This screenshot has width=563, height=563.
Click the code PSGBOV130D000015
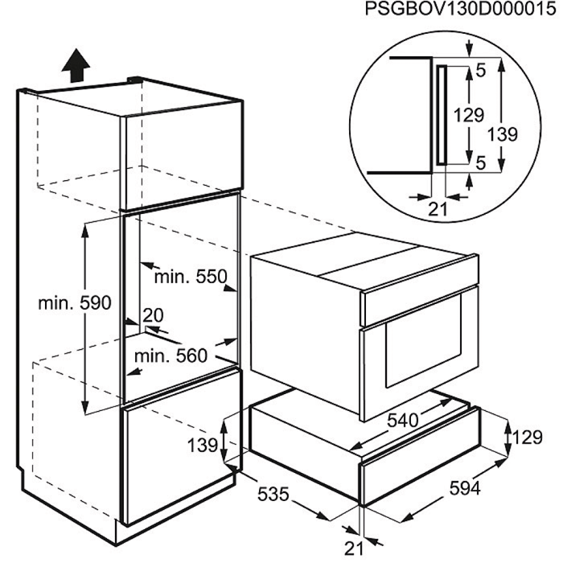[461, 9]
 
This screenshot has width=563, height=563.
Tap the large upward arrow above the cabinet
[76, 66]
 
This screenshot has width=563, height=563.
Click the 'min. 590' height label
[75, 303]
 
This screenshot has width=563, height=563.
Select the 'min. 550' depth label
[191, 277]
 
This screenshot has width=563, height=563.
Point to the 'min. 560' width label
[171, 356]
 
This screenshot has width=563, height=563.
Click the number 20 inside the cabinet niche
[153, 315]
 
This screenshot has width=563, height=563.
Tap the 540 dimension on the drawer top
[403, 420]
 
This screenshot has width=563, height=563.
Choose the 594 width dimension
[465, 488]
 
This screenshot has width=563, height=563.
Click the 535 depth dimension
[273, 494]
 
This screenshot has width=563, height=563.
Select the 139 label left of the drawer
[203, 446]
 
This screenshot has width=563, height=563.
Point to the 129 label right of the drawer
[527, 438]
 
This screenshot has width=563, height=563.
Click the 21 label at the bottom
[354, 549]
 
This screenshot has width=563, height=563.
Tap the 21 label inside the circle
[438, 209]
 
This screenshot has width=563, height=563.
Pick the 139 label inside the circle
[503, 134]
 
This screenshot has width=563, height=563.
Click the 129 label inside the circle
[469, 115]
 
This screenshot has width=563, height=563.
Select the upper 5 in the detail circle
[481, 71]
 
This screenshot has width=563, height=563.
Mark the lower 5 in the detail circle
[481, 163]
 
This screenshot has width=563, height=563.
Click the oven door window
[424, 341]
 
